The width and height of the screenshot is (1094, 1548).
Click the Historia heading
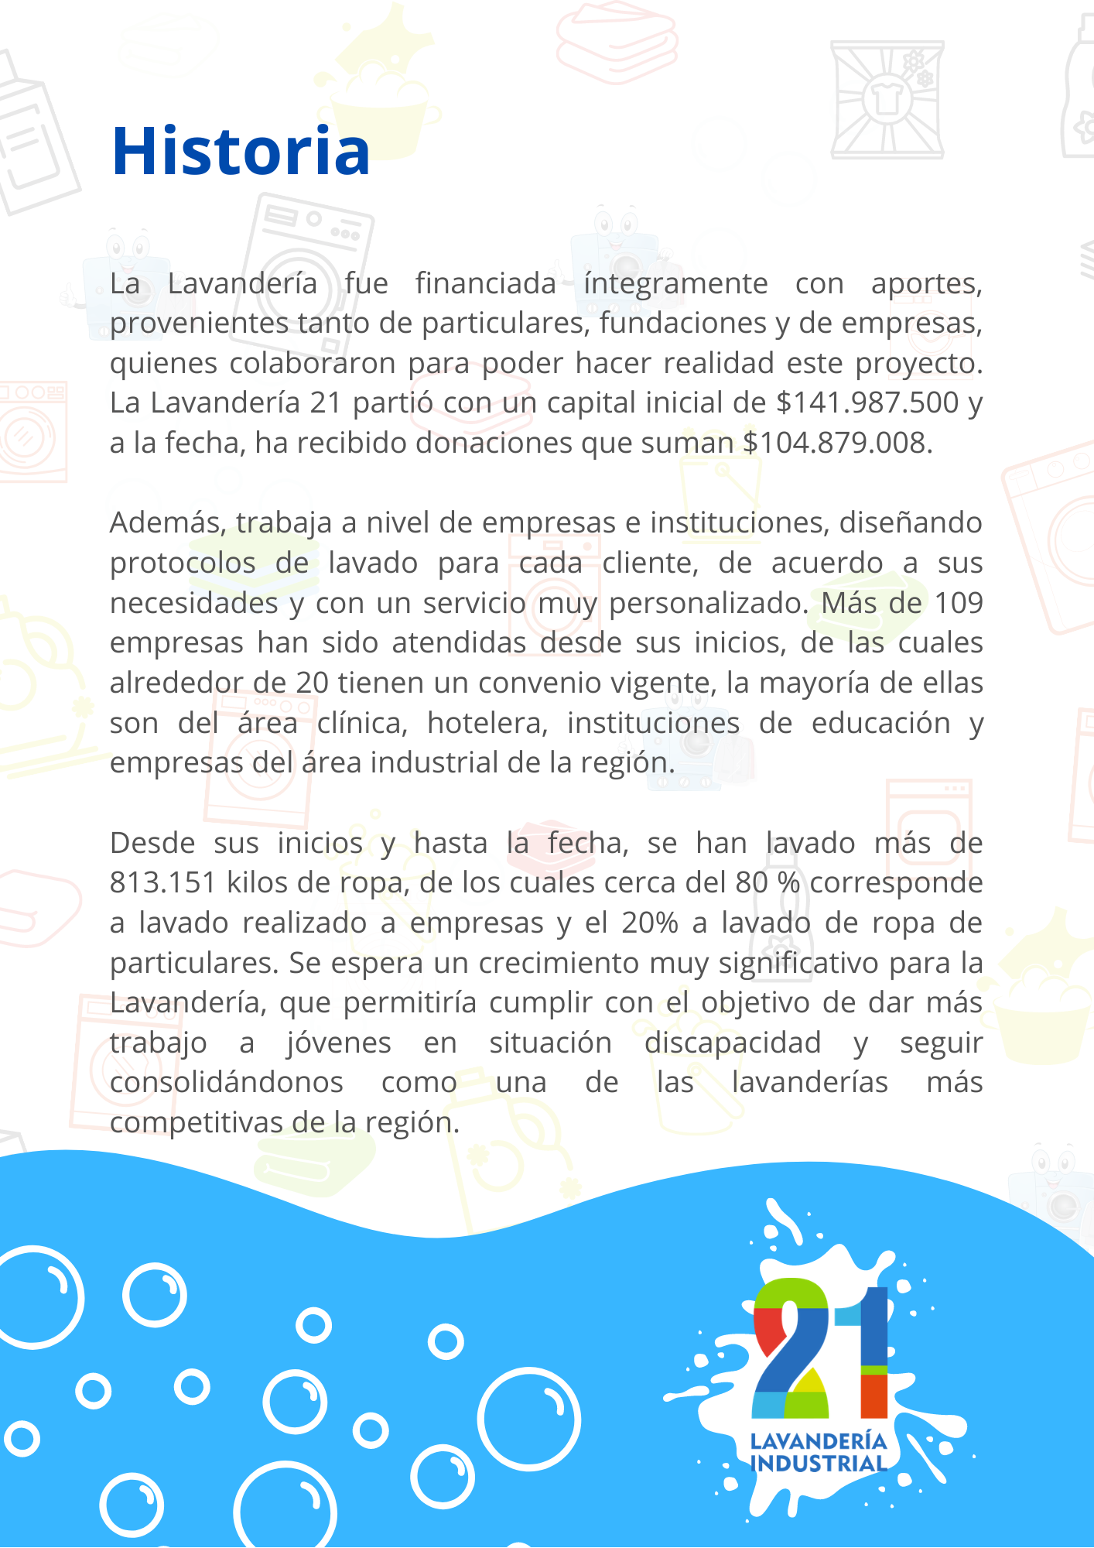point(241,151)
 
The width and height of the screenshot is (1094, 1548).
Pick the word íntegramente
point(675,284)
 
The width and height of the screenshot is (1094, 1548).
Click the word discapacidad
point(732,1043)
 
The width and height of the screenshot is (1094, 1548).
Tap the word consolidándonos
point(226,1083)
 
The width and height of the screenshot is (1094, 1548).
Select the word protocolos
point(183,563)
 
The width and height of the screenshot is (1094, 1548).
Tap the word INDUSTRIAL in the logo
point(818,1464)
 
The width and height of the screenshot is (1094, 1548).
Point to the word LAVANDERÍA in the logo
point(818,1441)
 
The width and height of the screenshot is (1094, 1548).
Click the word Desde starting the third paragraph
point(152,843)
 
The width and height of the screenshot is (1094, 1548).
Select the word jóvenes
point(339,1043)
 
